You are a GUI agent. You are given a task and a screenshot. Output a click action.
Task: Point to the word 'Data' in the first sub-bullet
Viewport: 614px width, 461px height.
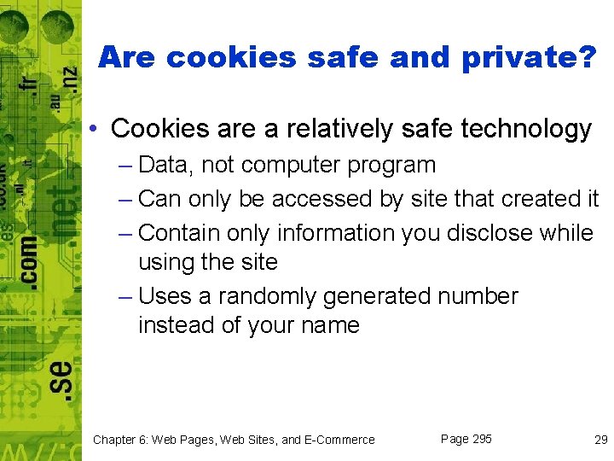[165, 165]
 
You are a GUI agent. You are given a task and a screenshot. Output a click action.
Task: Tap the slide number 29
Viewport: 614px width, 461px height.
[600, 440]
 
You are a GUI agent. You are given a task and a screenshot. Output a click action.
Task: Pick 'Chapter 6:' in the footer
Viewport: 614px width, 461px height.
[120, 440]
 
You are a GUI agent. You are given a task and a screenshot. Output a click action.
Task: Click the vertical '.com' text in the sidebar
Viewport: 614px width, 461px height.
[27, 252]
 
